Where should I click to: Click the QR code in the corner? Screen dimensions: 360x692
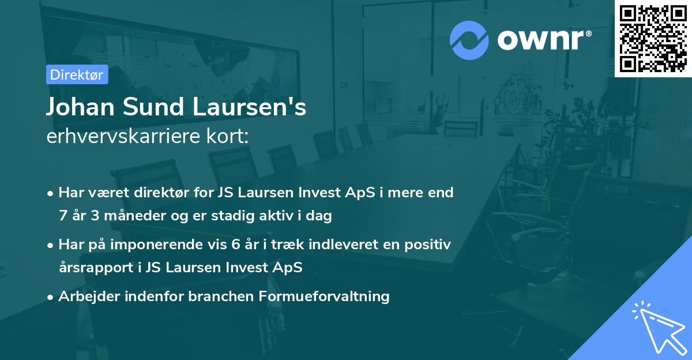click(x=653, y=38)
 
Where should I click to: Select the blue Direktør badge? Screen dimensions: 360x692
click(x=76, y=74)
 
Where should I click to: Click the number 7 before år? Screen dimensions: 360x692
click(x=63, y=216)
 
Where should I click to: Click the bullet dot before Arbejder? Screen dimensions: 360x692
click(x=51, y=297)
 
